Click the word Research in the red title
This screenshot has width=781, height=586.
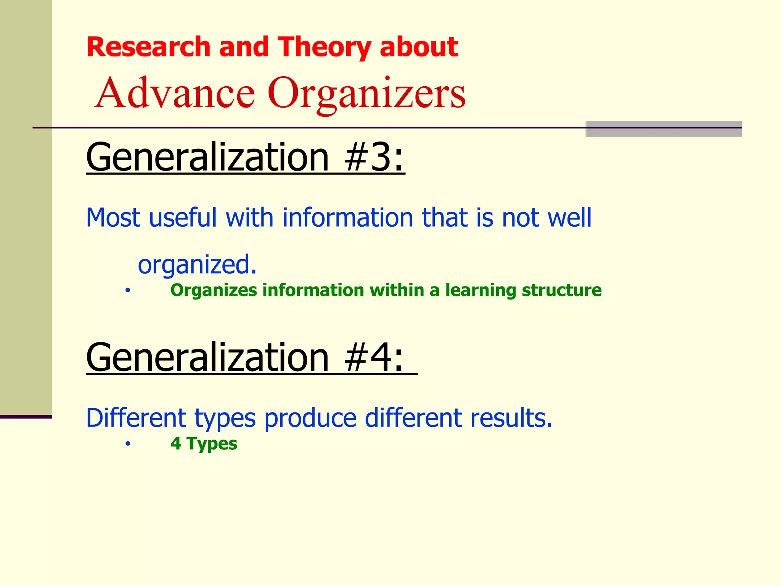click(148, 47)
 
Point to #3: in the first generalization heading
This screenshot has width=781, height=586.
click(374, 157)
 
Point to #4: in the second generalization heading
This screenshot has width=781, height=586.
click(374, 357)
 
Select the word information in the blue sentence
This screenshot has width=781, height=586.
click(347, 217)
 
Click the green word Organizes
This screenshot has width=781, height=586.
click(214, 290)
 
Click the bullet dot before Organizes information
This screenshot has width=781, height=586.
click(128, 291)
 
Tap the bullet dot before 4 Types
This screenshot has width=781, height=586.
click(128, 444)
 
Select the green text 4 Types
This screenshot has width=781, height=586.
click(204, 444)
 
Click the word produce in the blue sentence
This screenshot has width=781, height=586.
click(310, 419)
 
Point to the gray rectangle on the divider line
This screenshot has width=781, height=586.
click(663, 129)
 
